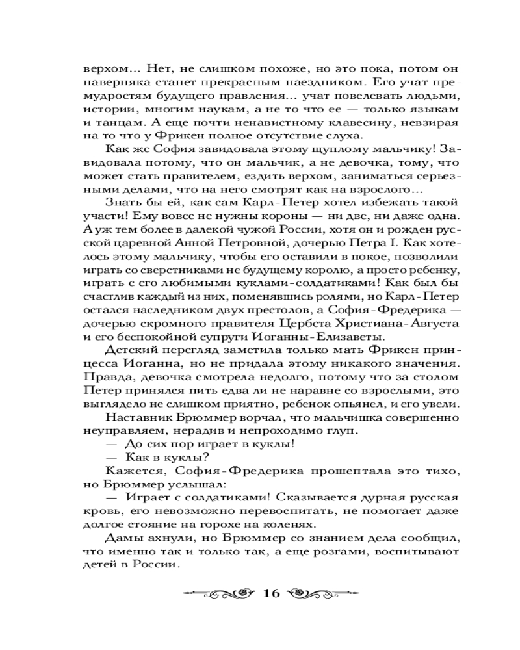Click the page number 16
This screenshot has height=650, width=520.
coord(270,593)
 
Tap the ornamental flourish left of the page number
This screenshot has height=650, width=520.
coord(220,593)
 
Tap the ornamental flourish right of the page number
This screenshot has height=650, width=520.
coord(321,593)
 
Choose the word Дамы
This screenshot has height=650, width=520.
coord(120,539)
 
